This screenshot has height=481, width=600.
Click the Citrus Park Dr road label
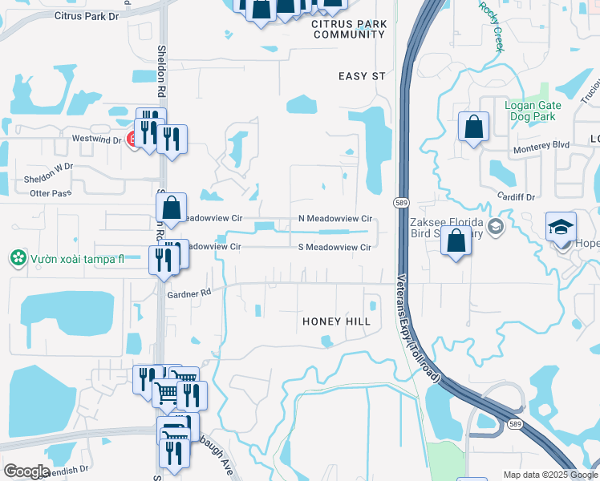click(x=86, y=15)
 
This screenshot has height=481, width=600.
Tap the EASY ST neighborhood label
click(x=362, y=76)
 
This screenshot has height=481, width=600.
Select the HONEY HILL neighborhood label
click(x=336, y=321)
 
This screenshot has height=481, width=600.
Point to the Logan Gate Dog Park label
click(x=530, y=111)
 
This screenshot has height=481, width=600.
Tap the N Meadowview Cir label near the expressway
click(x=335, y=218)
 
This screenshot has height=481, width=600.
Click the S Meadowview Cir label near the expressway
click(x=334, y=248)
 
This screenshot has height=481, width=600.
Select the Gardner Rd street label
click(x=189, y=294)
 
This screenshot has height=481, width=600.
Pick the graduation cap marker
click(x=561, y=228)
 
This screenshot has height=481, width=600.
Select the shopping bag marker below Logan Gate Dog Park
click(x=473, y=127)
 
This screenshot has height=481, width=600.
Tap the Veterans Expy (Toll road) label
click(x=419, y=327)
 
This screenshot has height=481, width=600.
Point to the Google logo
click(x=26, y=471)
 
